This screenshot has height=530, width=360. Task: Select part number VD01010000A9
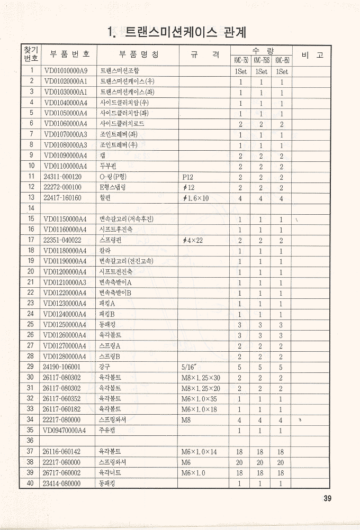[66, 70]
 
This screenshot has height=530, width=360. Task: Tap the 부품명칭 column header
[139, 54]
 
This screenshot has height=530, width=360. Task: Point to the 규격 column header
[204, 54]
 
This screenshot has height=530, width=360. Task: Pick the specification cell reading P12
[188, 176]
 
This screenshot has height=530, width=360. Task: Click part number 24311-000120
[62, 176]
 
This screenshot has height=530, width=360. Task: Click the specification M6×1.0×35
[199, 398]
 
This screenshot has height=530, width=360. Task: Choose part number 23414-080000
[62, 483]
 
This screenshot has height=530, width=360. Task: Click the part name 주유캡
[107, 430]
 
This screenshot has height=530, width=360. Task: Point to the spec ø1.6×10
[195, 197]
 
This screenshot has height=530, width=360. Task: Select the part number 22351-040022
[62, 240]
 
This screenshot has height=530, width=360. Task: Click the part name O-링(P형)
[113, 176]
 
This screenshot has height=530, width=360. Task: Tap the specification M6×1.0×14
[199, 451]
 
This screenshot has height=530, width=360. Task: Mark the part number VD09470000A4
[66, 430]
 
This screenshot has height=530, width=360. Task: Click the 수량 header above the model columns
[262, 50]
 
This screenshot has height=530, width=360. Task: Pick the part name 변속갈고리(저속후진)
[127, 218]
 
